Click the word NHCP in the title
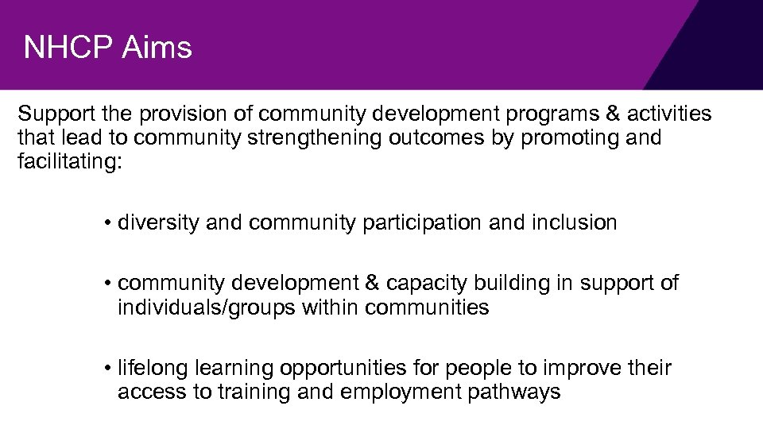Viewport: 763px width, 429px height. (x=68, y=48)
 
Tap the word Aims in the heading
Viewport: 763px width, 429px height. (x=157, y=48)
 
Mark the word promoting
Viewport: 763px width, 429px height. (x=566, y=138)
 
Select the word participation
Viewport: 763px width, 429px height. (x=422, y=223)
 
